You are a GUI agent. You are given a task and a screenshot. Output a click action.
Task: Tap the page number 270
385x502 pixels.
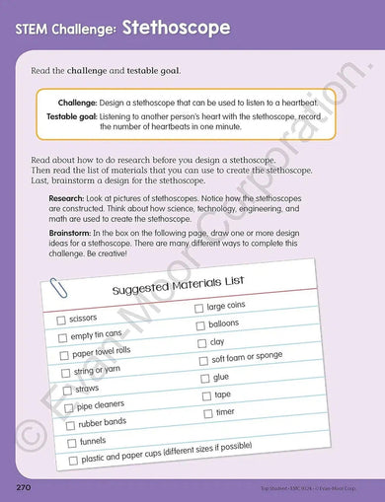[27, 487]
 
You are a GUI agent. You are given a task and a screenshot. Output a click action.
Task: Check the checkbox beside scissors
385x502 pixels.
[61, 321]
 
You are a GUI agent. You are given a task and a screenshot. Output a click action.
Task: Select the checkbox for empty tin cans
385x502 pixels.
[63, 337]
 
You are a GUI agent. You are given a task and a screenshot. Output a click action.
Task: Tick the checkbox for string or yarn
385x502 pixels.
[67, 373]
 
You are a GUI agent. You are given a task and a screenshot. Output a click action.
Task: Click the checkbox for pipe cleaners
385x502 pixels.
[70, 407]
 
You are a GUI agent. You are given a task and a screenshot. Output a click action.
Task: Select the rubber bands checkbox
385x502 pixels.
[71, 425]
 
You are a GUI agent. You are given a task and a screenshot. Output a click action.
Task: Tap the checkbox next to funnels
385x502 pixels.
[72, 443]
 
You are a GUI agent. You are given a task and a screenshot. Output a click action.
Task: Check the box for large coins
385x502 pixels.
[198, 309]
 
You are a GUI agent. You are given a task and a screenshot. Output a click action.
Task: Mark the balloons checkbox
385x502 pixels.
[199, 324]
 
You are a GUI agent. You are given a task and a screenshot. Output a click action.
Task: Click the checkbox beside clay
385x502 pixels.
[201, 343]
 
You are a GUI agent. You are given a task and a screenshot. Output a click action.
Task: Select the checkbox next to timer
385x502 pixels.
[207, 413]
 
